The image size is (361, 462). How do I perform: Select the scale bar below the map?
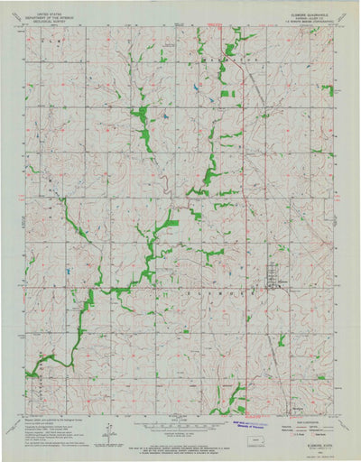180,424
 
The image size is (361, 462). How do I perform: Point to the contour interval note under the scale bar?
180,432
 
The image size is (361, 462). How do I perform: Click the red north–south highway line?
246,271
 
